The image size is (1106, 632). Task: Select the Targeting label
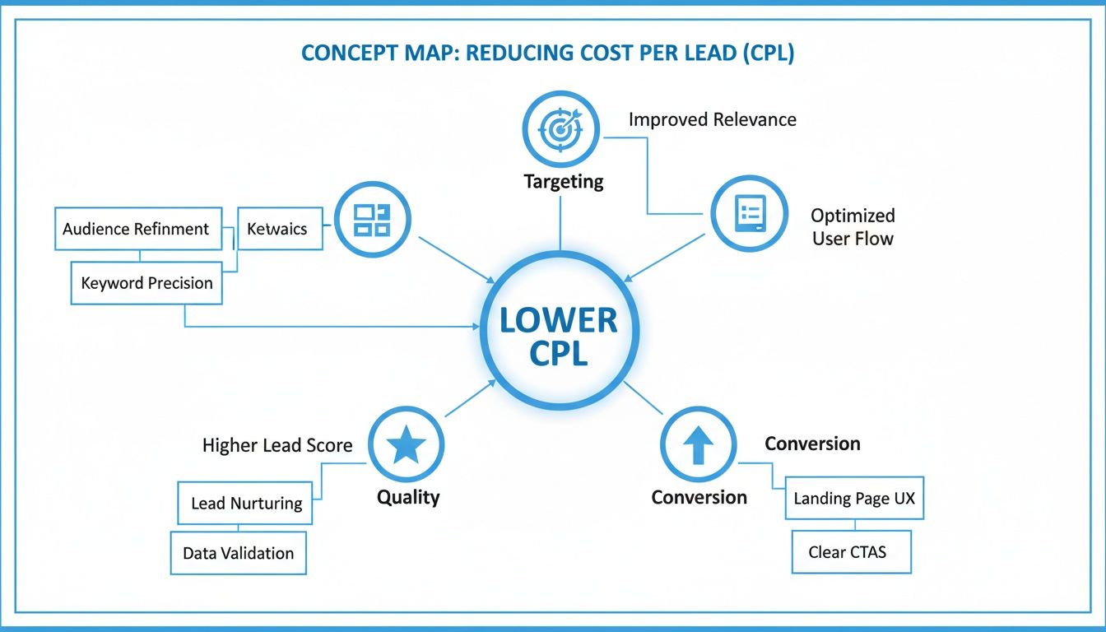pos(564,181)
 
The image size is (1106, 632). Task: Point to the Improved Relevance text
pos(712,119)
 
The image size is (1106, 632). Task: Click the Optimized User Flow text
pos(853,227)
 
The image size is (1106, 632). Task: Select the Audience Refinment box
pos(137,229)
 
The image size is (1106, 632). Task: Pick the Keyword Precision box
pos(146,283)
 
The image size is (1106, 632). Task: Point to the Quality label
pos(408,497)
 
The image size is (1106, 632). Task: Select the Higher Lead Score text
pos(277,445)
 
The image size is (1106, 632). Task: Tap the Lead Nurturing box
pos(246,503)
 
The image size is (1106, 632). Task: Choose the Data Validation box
pos(238,553)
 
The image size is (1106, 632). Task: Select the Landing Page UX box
pos(854,499)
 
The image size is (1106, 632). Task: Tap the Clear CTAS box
pos(851,552)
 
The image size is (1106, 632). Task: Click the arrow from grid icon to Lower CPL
pos(453,261)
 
